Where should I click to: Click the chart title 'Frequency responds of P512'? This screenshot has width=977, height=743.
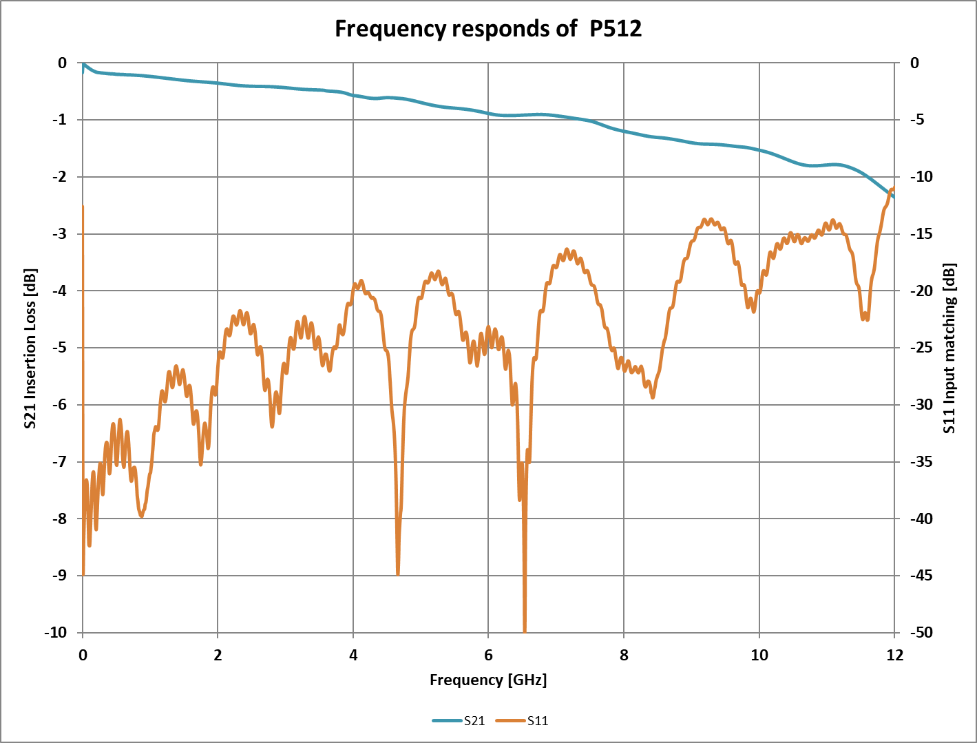click(x=488, y=28)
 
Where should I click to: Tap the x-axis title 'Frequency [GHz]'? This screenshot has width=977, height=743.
click(x=488, y=680)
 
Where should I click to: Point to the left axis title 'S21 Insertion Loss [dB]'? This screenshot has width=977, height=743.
click(x=30, y=348)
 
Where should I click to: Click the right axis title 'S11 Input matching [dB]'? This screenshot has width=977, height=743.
click(x=950, y=348)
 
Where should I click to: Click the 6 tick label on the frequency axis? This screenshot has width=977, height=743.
click(x=488, y=655)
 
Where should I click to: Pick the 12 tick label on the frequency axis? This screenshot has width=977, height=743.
click(x=894, y=655)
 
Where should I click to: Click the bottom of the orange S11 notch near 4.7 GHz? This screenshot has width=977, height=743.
click(x=398, y=572)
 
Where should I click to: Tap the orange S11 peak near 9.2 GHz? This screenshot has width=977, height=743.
click(x=709, y=220)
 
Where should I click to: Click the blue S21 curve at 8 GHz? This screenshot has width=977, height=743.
click(x=624, y=130)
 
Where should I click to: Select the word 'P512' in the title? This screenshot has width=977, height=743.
click(x=616, y=28)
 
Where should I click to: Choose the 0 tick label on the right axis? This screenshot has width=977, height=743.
click(x=914, y=63)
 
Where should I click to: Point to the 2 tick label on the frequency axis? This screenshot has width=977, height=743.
click(x=218, y=655)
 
